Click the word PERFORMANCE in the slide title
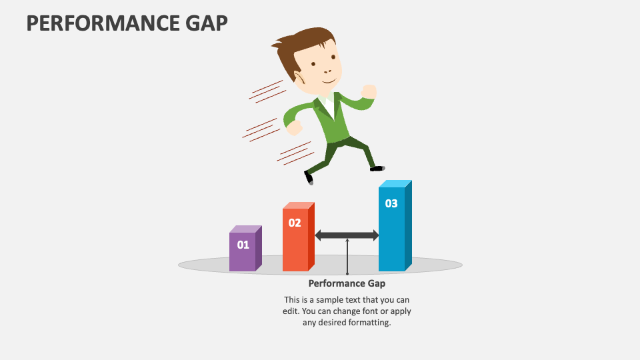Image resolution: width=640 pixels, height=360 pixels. click(x=103, y=23)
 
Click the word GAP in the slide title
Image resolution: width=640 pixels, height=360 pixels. click(x=207, y=23)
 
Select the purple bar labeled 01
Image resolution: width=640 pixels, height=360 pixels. click(x=245, y=248)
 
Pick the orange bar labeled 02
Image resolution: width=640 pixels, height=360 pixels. click(x=299, y=237)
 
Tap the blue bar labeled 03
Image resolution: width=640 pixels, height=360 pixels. click(x=395, y=226)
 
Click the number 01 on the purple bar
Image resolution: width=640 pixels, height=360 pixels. click(x=243, y=245)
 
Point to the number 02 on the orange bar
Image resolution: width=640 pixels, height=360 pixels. click(x=295, y=223)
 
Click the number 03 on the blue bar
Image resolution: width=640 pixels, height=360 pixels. click(x=391, y=203)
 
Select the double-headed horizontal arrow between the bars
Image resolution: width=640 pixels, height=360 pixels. click(x=347, y=235)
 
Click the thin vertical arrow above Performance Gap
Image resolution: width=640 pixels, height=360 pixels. click(x=347, y=257)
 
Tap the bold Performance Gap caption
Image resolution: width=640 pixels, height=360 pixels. click(x=347, y=283)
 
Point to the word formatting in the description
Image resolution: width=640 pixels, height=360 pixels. click(x=371, y=323)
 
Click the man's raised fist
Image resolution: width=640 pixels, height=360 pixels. click(x=369, y=91)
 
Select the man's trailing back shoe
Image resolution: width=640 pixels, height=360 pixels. click(x=309, y=178)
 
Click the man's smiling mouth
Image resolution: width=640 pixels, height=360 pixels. click(x=329, y=81)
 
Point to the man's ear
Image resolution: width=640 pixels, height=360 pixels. click(x=299, y=77)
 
